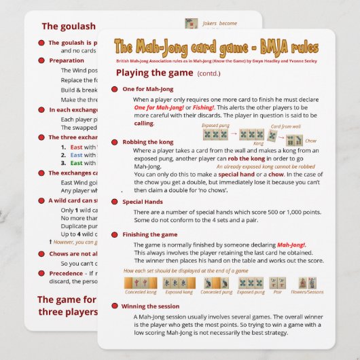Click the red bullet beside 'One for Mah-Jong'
pos(116,89)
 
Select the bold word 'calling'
pos(143,124)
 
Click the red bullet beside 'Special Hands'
pos(116,202)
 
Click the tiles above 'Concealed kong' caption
pos(140,283)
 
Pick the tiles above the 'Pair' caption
pos(277,283)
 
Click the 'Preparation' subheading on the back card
pos(67,60)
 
